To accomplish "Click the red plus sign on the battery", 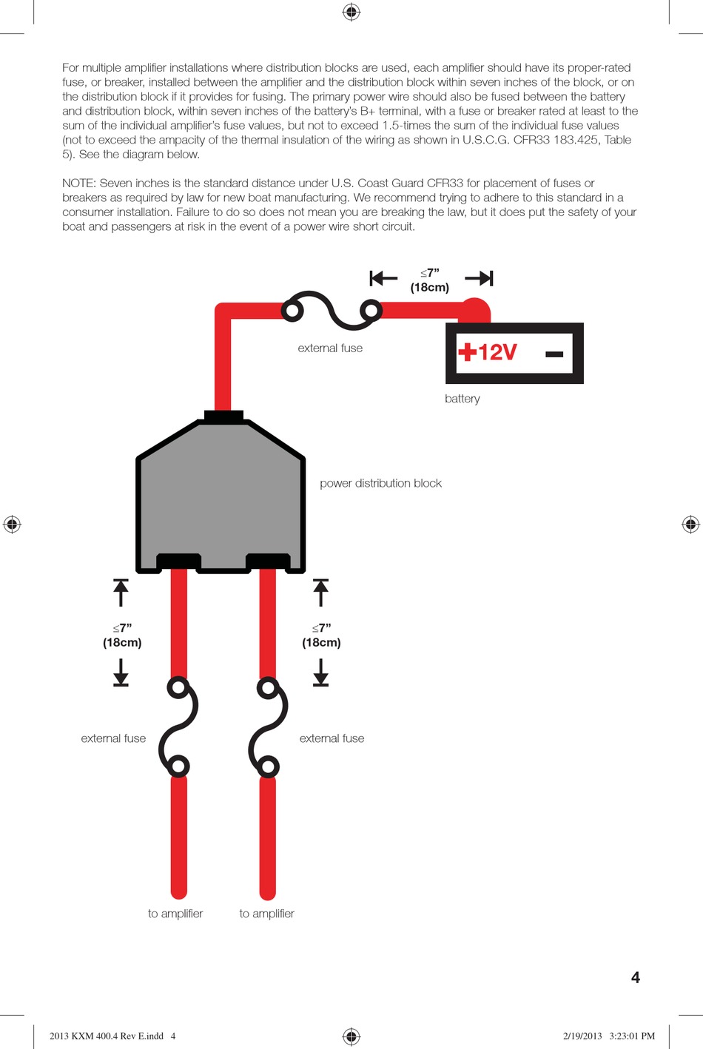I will pyautogui.click(x=467, y=351).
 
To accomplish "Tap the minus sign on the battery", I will pyautogui.click(x=554, y=354).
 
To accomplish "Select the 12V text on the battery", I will pyautogui.click(x=497, y=352).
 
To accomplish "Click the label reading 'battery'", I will pyautogui.click(x=462, y=399).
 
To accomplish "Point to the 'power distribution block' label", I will pyautogui.click(x=380, y=483).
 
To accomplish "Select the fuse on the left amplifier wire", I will pyautogui.click(x=178, y=726).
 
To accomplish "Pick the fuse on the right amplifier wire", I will pyautogui.click(x=268, y=726).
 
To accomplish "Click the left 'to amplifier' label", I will pyautogui.click(x=175, y=914).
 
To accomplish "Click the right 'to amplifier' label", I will pyautogui.click(x=266, y=914).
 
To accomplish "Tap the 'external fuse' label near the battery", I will pyautogui.click(x=330, y=348).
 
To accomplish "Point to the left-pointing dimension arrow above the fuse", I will pyautogui.click(x=383, y=278).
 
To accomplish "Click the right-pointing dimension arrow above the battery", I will pyautogui.click(x=479, y=278).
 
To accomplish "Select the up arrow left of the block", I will pyautogui.click(x=121, y=592).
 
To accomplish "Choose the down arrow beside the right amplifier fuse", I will pyautogui.click(x=320, y=672).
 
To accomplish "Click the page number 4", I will pyautogui.click(x=635, y=978).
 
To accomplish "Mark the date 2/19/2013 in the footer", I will pyautogui.click(x=582, y=1036).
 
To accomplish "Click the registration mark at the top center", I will pyautogui.click(x=351, y=12).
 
